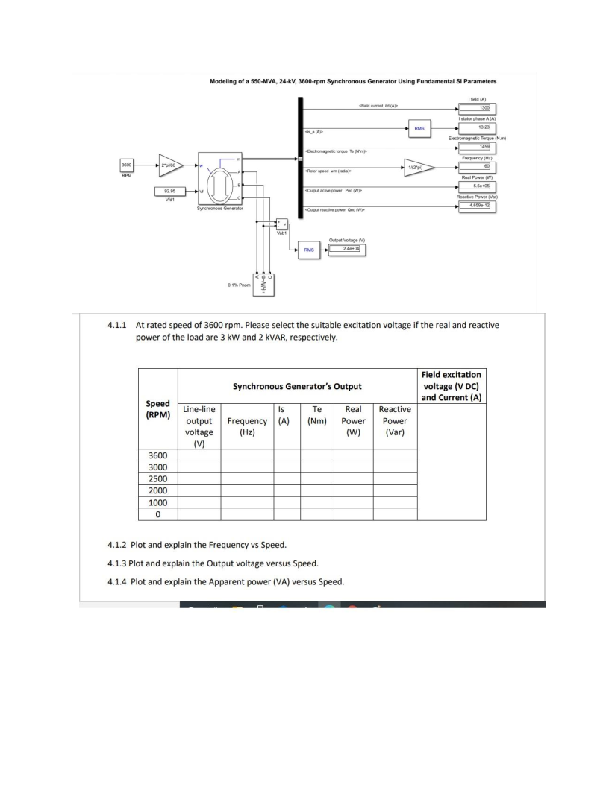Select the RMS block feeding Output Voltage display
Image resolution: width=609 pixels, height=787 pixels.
coord(307,249)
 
